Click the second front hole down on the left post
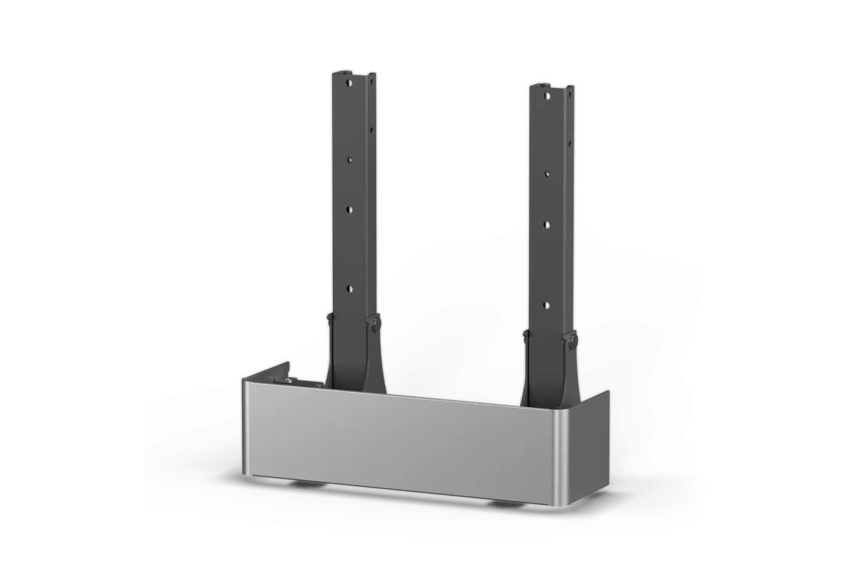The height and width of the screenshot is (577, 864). point(347,157)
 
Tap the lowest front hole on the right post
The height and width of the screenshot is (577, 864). point(546,304)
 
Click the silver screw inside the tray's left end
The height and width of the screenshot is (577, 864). point(287,380)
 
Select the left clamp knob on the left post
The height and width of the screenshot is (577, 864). point(328,319)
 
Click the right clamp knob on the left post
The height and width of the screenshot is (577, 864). point(371,321)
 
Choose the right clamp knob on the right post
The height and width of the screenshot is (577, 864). point(571,341)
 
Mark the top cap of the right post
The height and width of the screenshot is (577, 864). point(551,86)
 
